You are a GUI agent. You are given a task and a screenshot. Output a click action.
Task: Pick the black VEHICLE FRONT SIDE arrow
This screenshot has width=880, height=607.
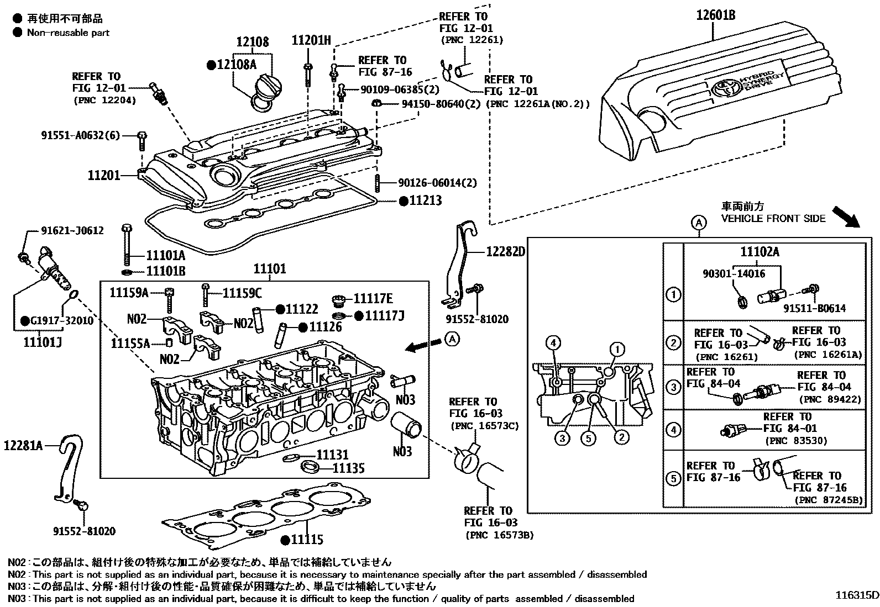pos(846,217)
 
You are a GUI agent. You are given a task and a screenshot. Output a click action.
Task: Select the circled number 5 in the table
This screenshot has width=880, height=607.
pos(673,478)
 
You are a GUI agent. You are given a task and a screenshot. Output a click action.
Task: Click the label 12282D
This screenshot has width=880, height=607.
pos(505,252)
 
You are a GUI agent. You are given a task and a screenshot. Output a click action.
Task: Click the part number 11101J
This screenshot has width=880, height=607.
pos(42,342)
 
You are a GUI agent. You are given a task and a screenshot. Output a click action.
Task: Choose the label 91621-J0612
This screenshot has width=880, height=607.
pos(72,230)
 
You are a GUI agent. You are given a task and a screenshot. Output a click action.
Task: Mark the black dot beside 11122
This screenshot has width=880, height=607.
pos(280,310)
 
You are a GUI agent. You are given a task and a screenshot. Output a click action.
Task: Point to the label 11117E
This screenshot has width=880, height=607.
pos(373,299)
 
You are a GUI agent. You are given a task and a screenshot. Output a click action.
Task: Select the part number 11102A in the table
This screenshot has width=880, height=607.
pos(759,252)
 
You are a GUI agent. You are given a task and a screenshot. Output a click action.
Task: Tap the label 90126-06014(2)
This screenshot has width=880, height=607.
pos(437,183)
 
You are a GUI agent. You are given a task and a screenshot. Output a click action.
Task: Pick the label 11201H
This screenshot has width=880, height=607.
pos(311,40)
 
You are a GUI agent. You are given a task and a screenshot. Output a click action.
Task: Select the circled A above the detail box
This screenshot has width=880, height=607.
pos(699,223)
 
